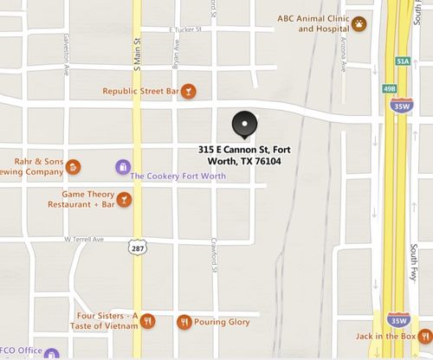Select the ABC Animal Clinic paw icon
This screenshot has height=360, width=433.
[359, 23]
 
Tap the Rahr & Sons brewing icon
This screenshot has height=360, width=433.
[74, 166]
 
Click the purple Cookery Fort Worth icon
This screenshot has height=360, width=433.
[121, 166]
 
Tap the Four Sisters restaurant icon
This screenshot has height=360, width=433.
[148, 321]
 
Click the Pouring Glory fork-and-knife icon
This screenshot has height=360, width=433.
[184, 322]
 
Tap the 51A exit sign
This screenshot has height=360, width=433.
[401, 61]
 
